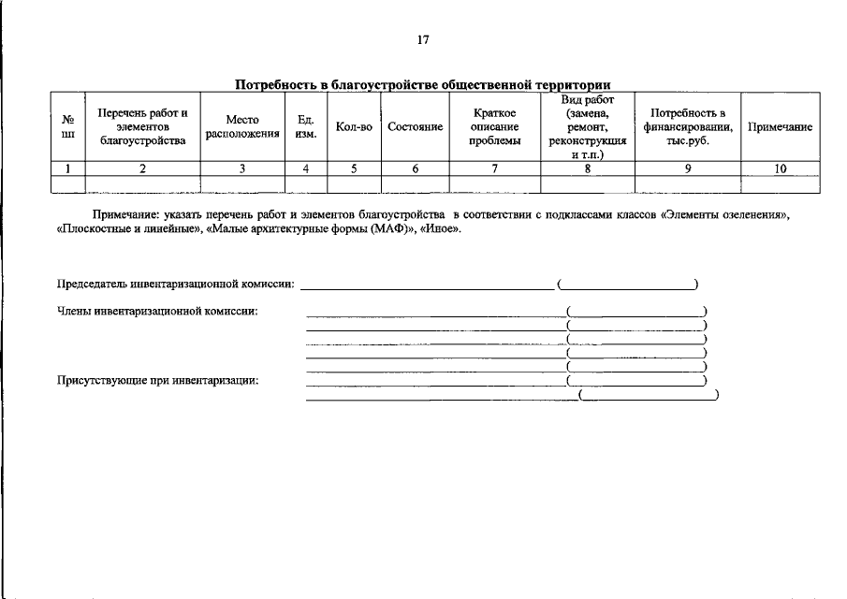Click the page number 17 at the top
pyautogui.click(x=423, y=40)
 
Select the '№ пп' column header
pyautogui.click(x=67, y=126)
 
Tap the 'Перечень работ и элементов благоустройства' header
pyautogui.click(x=142, y=126)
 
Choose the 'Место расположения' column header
pyautogui.click(x=242, y=126)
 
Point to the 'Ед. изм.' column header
pyautogui.click(x=305, y=126)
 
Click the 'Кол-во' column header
pyautogui.click(x=353, y=127)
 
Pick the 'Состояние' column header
pyautogui.click(x=415, y=127)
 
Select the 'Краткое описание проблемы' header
pyautogui.click(x=494, y=126)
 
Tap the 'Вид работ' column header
pyautogui.click(x=587, y=126)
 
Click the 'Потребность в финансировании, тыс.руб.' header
pyautogui.click(x=687, y=126)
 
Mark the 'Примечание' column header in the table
pyautogui.click(x=780, y=127)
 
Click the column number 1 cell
pyautogui.click(x=67, y=168)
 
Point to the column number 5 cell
pyautogui.click(x=353, y=168)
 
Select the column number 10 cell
pyautogui.click(x=780, y=168)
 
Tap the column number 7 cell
pyautogui.click(x=494, y=168)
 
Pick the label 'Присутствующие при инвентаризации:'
pyautogui.click(x=158, y=381)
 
